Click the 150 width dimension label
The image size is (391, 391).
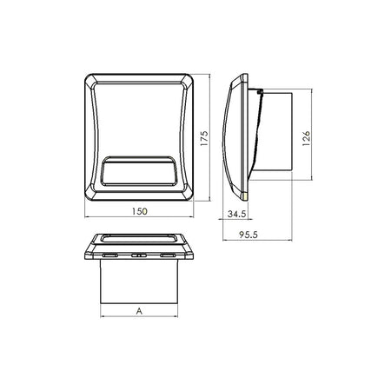click(140, 211)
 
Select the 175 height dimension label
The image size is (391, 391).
click(204, 138)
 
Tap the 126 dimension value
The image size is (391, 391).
click(306, 138)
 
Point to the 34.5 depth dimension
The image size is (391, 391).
click(236, 214)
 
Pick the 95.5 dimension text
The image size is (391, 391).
click(249, 235)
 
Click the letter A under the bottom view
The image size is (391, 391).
click(139, 311)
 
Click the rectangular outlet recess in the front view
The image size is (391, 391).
click(139, 171)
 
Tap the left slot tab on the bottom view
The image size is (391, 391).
click(110, 255)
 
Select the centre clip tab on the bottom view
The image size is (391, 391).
click(139, 255)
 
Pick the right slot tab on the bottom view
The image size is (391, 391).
click(168, 255)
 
